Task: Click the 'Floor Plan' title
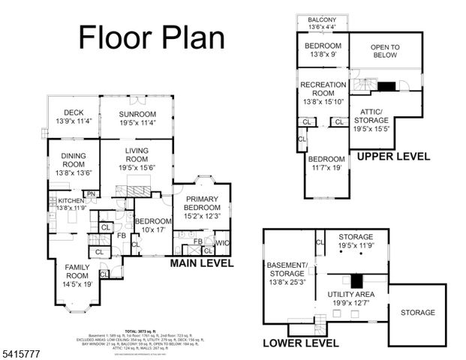click(x=152, y=37)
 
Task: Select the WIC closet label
click(x=221, y=244)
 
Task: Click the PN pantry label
click(x=91, y=194)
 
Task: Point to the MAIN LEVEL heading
click(x=202, y=263)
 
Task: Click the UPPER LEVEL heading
click(x=393, y=157)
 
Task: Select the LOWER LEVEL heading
click(x=301, y=343)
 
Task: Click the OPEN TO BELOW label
click(x=385, y=53)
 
